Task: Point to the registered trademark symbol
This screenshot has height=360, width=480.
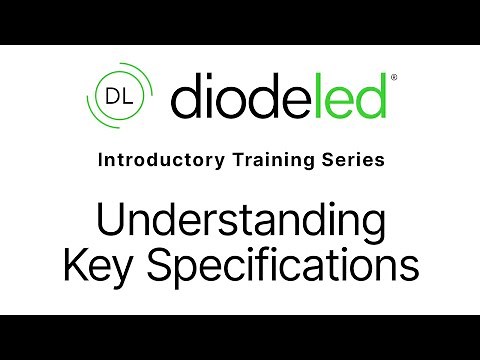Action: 392,77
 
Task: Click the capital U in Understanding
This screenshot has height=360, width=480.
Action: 106,220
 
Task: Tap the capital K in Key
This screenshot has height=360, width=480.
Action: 74,265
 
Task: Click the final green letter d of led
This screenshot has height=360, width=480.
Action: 371,97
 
